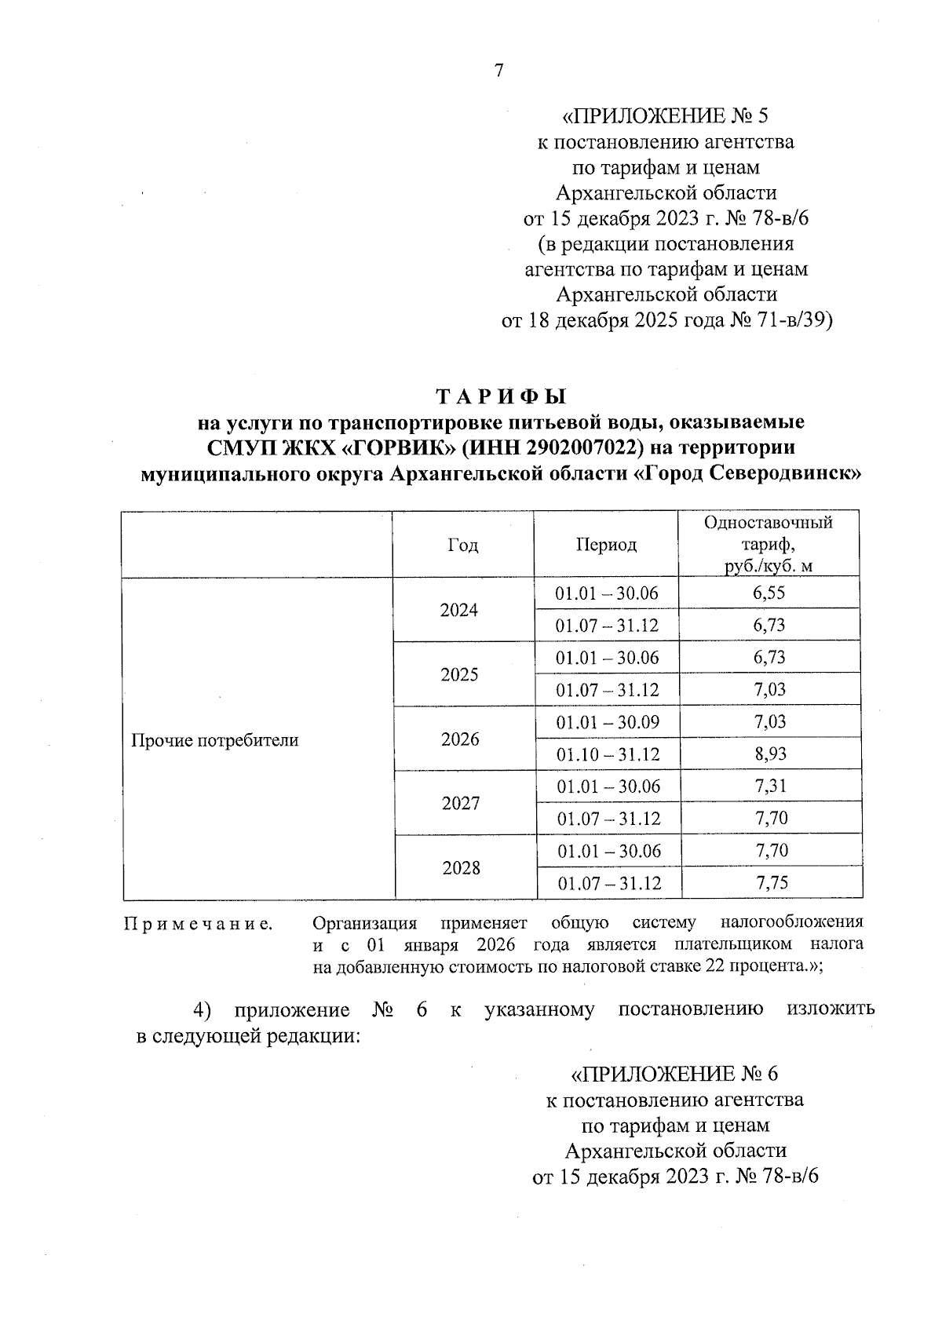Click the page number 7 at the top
tap(498, 71)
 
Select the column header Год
tap(462, 545)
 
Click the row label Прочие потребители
tap(214, 740)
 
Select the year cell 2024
tap(459, 610)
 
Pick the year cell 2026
tap(460, 739)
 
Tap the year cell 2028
tap(461, 867)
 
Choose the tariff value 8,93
tap(770, 754)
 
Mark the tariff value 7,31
tap(770, 786)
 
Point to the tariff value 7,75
tap(771, 883)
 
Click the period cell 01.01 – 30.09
tap(608, 722)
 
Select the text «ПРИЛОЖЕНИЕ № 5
tap(666, 117)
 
